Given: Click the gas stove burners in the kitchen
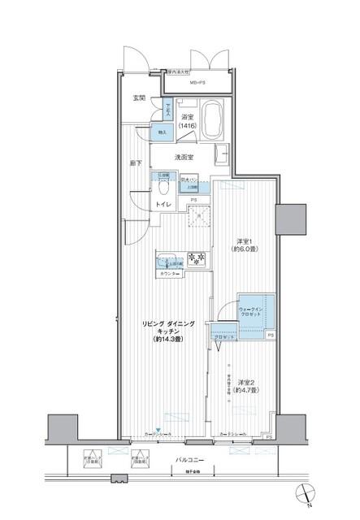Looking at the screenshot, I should click(196, 260).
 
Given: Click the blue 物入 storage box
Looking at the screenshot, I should click(161, 132).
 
